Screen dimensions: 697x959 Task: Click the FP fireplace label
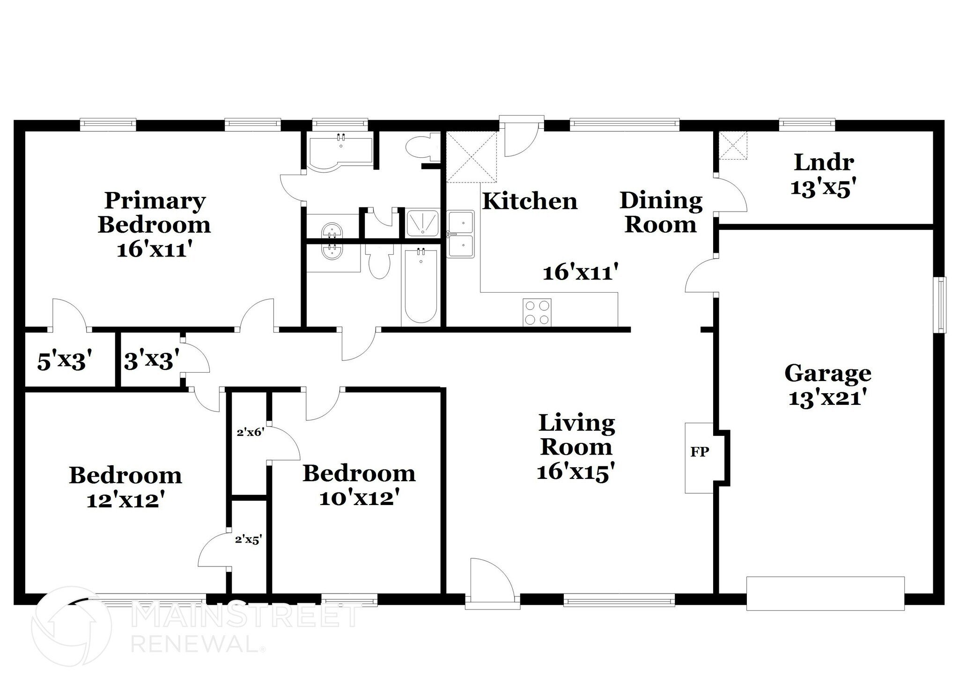pos(700,452)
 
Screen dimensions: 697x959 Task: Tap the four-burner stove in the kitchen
pos(537,312)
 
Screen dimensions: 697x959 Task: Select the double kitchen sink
pos(461,234)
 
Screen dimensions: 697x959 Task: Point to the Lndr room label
pos(824,162)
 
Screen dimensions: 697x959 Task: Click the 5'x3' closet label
pos(62,361)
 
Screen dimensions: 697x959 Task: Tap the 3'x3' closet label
pos(151,361)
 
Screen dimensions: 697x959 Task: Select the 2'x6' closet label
pos(251,433)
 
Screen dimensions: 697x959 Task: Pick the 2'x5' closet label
pos(248,540)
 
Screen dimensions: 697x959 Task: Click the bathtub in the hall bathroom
pos(420,286)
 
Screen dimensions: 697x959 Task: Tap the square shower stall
pos(422,223)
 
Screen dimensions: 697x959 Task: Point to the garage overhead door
pos(825,594)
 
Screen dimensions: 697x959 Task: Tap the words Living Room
pos(576,435)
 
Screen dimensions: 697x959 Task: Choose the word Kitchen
pos(530,201)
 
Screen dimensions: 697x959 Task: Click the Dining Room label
pos(661,213)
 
